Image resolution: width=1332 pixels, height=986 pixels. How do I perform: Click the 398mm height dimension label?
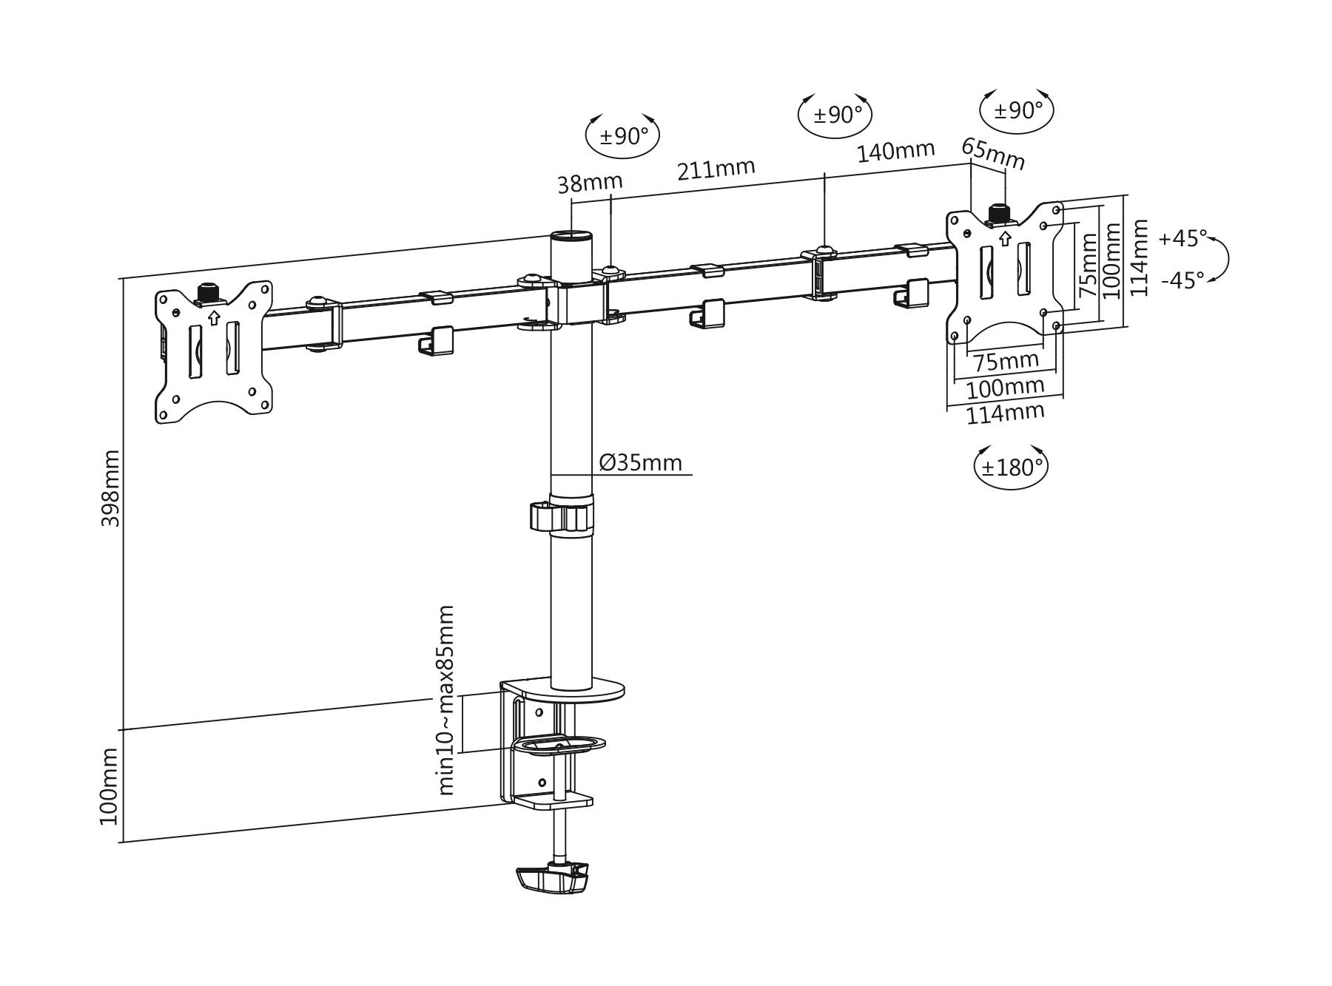tap(110, 488)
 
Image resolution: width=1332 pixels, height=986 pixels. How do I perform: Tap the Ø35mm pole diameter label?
tap(641, 463)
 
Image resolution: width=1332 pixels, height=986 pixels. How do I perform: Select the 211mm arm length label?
tap(716, 169)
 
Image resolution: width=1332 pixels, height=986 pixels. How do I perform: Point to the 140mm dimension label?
tap(896, 152)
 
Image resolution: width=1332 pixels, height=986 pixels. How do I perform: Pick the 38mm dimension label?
tap(590, 182)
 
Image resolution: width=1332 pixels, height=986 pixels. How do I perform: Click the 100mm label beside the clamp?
tap(109, 786)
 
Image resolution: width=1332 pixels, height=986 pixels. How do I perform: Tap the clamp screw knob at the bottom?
tap(552, 877)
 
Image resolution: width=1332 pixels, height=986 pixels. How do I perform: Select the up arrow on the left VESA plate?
tap(214, 317)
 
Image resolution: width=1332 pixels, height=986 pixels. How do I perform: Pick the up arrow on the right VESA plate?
tap(1005, 238)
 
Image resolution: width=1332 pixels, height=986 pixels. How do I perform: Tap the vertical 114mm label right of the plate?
tap(1140, 258)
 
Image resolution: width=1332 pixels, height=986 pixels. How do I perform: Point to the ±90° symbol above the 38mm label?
tap(622, 135)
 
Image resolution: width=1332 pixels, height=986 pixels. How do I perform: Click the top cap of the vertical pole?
tap(571, 237)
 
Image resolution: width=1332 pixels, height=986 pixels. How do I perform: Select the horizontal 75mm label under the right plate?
tap(1006, 362)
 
